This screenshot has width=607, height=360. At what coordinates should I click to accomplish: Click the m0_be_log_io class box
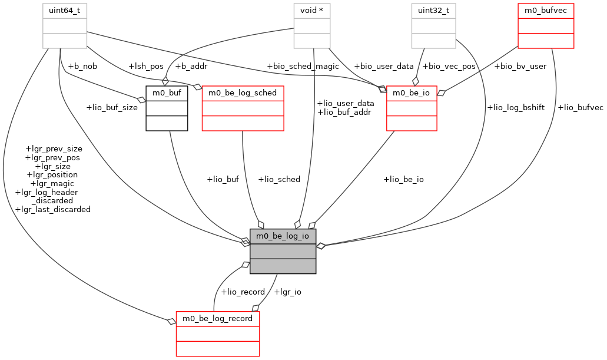(283, 251)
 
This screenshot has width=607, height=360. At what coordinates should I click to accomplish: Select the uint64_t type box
(64, 25)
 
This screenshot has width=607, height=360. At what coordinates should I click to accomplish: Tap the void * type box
(312, 25)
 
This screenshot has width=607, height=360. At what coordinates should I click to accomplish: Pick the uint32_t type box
(433, 25)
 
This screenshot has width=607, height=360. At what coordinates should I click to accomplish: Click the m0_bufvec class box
(545, 25)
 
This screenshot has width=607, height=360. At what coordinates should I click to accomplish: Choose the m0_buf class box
(167, 108)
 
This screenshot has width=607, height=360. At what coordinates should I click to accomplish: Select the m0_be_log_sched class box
(243, 108)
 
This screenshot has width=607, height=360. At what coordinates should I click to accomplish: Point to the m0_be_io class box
(412, 108)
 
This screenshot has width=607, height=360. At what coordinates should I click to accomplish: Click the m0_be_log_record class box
(217, 333)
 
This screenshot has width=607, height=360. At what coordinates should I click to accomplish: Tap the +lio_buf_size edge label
(112, 107)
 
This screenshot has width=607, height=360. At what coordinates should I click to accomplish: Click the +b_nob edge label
(82, 66)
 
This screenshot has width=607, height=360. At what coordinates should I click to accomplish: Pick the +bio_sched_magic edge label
(303, 66)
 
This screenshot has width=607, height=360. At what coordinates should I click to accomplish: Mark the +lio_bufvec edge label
(580, 107)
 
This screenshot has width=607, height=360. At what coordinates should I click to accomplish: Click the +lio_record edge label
(243, 292)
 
